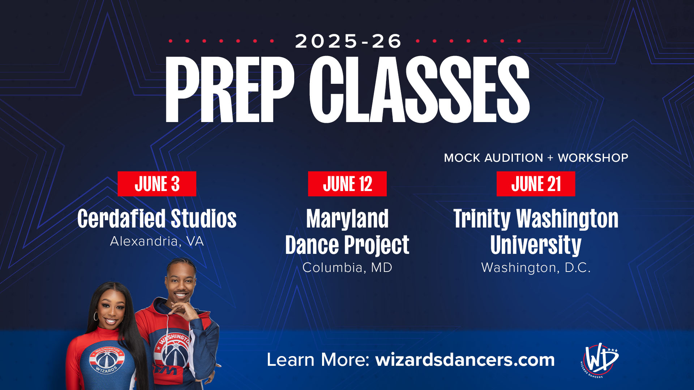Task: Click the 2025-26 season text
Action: pyautogui.click(x=348, y=41)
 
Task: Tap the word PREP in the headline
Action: pyautogui.click(x=230, y=90)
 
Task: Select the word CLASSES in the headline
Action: pyautogui.click(x=419, y=90)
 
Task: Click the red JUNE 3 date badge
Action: pyautogui.click(x=157, y=184)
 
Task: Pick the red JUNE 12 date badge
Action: pyautogui.click(x=347, y=184)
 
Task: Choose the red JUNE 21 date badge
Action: pyautogui.click(x=536, y=184)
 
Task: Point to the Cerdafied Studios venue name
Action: pyautogui.click(x=157, y=218)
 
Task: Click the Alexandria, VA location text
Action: pyautogui.click(x=157, y=241)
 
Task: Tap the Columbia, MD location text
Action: pyautogui.click(x=347, y=268)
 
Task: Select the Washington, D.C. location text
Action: pyautogui.click(x=536, y=268)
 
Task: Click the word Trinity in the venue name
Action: pyautogui.click(x=482, y=219)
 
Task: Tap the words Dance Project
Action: pyautogui.click(x=347, y=245)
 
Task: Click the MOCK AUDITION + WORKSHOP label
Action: pyautogui.click(x=536, y=158)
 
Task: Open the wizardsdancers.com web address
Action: pyautogui.click(x=465, y=360)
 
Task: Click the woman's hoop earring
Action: pyautogui.click(x=96, y=316)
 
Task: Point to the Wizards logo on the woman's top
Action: pyautogui.click(x=107, y=360)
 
